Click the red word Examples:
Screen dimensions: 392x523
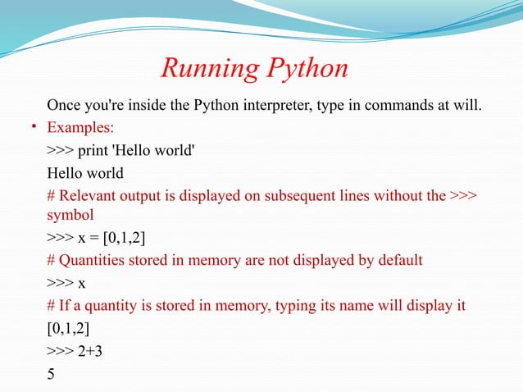80,129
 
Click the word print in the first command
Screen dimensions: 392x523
97,151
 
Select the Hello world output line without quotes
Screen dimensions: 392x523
85,173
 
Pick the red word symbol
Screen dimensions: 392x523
70,214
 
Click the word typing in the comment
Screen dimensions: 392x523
301,306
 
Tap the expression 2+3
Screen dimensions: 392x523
95,351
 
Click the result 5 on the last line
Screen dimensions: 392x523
52,373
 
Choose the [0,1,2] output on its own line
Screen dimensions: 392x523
69,329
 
